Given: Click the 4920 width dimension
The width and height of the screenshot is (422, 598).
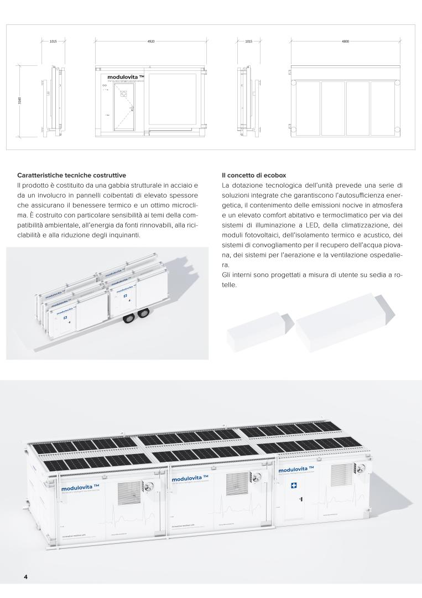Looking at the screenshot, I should point(150,41).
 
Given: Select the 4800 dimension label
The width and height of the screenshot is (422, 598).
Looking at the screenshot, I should point(346,41).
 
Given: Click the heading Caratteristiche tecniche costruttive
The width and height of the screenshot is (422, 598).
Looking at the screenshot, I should point(71,175).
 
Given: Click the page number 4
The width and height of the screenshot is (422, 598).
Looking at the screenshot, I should point(25,576).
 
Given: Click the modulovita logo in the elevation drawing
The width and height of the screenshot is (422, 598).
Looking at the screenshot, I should point(126,78).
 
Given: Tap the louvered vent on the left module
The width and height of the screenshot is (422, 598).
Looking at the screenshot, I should point(129,492).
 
